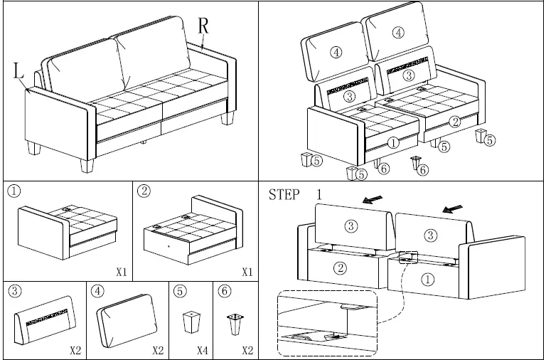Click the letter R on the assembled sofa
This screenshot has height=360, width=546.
pos(203,26)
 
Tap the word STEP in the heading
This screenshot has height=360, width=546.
pos(284,195)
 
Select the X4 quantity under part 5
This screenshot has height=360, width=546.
pos(202,350)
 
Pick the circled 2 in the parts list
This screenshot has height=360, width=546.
pos(144,191)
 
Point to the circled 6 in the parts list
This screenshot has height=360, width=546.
pos(225,291)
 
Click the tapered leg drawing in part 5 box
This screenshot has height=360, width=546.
pos(190,322)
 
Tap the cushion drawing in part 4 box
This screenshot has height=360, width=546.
pos(127,317)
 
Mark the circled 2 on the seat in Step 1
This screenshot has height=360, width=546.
pos(340,268)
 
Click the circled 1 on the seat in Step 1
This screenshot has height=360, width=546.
pos(428,280)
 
